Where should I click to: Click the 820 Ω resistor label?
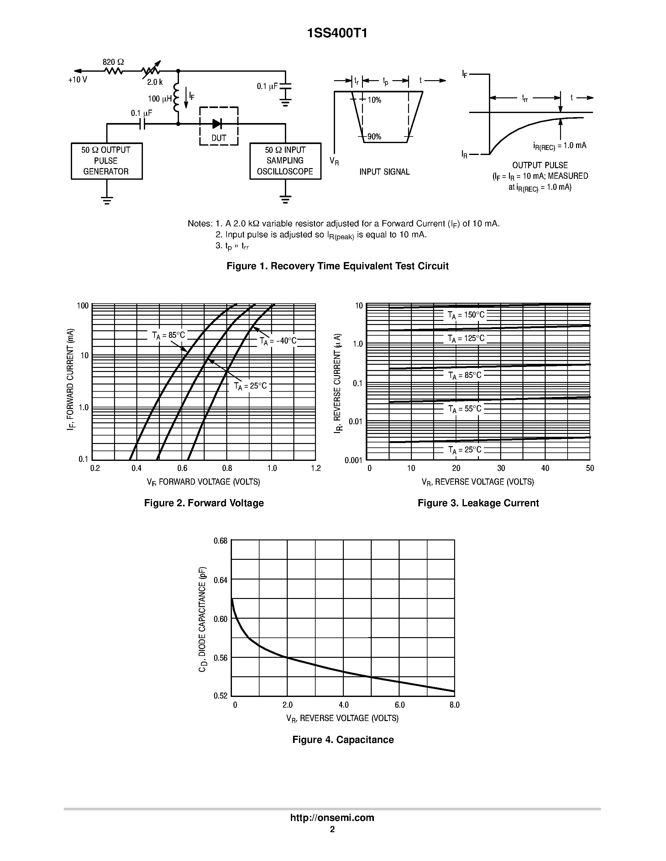tap(113, 62)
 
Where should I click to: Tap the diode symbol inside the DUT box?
tap(217, 124)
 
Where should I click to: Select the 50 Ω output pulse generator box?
tap(107, 161)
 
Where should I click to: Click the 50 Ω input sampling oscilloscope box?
tap(285, 161)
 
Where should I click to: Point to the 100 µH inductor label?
tap(160, 99)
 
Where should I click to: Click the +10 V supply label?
tap(78, 80)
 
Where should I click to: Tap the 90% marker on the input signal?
tap(374, 137)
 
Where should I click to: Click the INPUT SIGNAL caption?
tap(384, 172)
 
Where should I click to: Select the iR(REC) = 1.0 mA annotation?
tap(559, 146)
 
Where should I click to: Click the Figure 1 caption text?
tap(337, 266)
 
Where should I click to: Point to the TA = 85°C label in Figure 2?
tap(169, 336)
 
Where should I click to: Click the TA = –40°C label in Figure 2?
tap(278, 341)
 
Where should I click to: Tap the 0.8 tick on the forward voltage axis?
tap(227, 468)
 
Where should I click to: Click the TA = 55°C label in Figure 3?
tap(465, 409)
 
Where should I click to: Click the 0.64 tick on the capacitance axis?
tap(221, 580)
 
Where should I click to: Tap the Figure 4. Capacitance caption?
tap(343, 740)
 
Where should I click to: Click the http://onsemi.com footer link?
tap(332, 817)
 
